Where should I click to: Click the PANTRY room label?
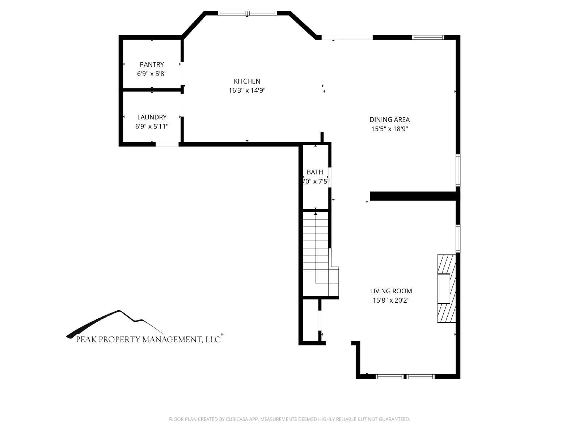coord(152,64)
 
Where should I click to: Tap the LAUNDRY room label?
coord(152,117)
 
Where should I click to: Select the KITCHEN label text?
coord(247,81)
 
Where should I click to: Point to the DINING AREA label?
coord(389,120)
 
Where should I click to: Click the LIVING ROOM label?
coord(391,291)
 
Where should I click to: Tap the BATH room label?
coord(315,172)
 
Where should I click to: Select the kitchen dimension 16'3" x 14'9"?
coord(247,90)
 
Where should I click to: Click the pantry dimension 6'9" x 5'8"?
coord(152,74)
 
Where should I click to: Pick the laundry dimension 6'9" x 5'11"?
coord(152,127)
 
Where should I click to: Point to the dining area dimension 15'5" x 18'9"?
coord(389,129)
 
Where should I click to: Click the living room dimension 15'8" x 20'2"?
coord(391,300)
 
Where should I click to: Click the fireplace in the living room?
coord(446,289)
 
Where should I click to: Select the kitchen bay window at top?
coord(247,13)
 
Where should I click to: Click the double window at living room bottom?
coord(405,376)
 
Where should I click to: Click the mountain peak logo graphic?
coord(116,322)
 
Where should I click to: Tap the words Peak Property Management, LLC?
coord(148,340)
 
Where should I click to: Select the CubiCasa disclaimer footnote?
coord(289,419)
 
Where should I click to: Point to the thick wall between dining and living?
coord(413,196)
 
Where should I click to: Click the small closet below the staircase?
coord(310,320)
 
